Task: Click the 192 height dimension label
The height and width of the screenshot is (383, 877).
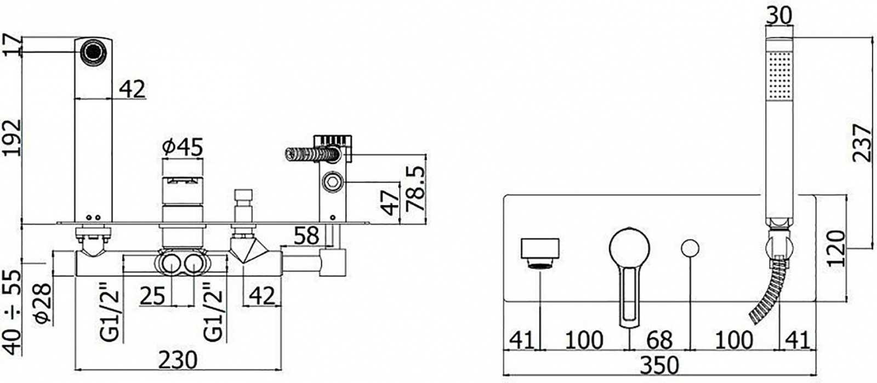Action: point(12,138)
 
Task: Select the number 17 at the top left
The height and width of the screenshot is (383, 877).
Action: point(12,45)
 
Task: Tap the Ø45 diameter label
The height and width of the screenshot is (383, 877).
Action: point(183,147)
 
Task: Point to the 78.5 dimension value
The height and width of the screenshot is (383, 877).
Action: point(415,189)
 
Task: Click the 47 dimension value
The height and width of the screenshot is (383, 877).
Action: point(390,203)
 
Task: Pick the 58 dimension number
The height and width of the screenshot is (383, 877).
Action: point(306,236)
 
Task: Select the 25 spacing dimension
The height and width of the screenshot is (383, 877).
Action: point(152,296)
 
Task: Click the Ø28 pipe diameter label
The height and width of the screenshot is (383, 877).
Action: point(42,303)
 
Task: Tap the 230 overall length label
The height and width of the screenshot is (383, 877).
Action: point(178,360)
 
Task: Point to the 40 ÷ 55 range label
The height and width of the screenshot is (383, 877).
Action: point(12,312)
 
